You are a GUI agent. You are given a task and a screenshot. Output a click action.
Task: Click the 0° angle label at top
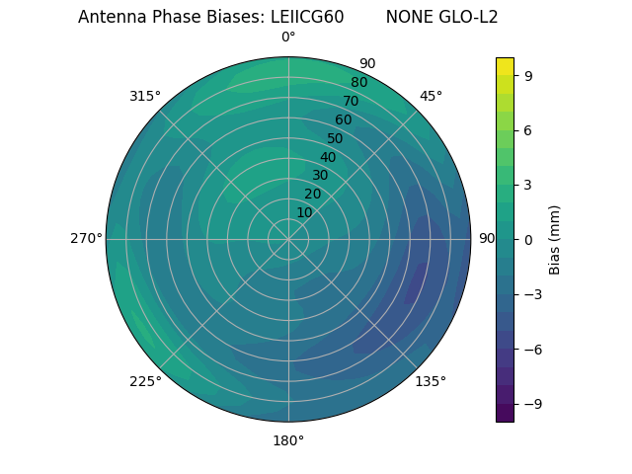click(288, 38)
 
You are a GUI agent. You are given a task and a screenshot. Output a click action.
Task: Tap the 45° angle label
click(431, 96)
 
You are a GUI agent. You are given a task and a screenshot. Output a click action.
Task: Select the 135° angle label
click(431, 381)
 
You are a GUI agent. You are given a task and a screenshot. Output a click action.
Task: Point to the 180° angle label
click(288, 440)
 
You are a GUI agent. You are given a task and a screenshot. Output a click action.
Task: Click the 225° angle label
click(145, 382)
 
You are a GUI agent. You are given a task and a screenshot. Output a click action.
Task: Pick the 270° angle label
click(86, 239)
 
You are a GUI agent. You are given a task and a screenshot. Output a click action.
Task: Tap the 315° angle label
click(145, 96)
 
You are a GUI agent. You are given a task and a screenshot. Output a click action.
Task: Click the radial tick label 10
click(304, 212)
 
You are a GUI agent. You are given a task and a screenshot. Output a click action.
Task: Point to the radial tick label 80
click(358, 83)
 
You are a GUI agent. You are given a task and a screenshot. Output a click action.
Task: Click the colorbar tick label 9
click(529, 75)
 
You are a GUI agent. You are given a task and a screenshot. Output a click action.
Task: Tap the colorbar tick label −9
click(533, 404)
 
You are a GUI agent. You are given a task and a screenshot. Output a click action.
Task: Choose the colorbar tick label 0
click(529, 239)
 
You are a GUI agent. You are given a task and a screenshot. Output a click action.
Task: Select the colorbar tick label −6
click(533, 350)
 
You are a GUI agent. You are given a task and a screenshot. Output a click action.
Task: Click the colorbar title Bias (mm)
click(555, 239)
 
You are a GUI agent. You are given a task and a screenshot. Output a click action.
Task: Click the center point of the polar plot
click(288, 239)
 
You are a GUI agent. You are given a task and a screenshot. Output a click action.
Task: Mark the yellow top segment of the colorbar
click(505, 66)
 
